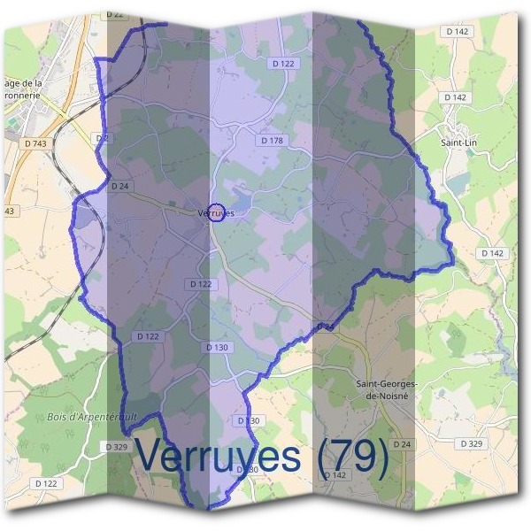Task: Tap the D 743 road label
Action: point(36,142)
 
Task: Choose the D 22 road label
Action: point(114,15)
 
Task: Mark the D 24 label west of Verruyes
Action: point(120,186)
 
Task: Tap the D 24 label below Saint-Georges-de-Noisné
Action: point(402,443)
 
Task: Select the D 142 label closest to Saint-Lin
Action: point(456,97)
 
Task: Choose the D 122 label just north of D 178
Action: point(282,64)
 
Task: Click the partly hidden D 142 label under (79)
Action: point(335,475)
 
